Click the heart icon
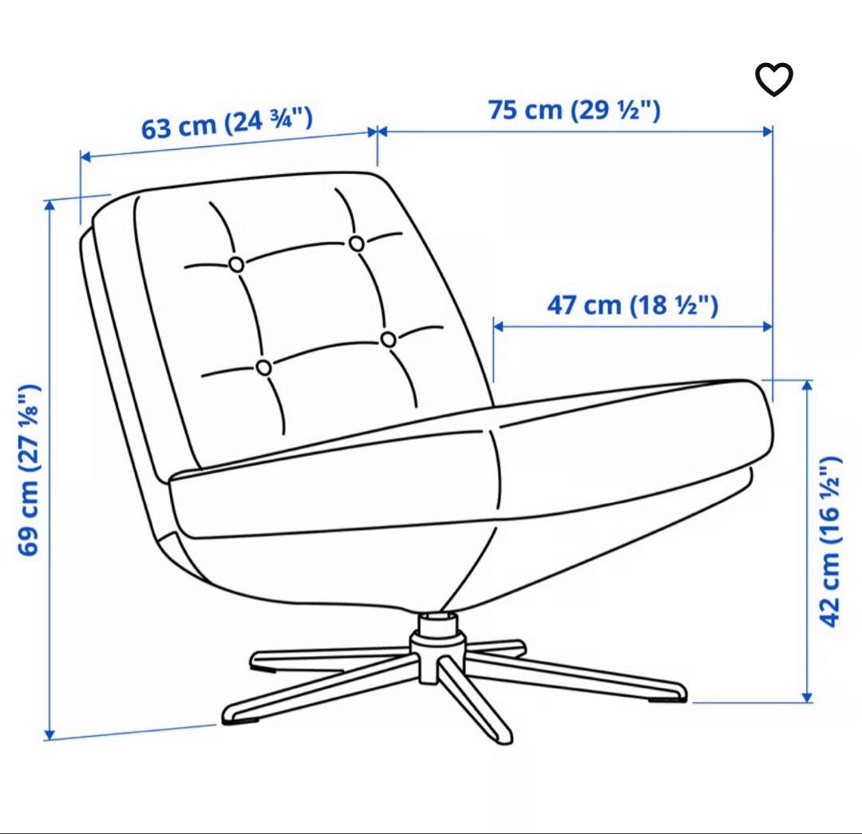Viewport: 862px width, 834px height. click(x=774, y=79)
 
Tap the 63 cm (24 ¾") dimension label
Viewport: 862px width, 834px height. click(x=227, y=123)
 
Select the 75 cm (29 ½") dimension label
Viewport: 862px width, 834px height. click(x=574, y=109)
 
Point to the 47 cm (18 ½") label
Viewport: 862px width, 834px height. click(x=632, y=305)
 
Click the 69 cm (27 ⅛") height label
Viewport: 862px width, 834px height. click(x=29, y=469)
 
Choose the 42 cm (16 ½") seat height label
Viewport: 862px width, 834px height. click(x=830, y=542)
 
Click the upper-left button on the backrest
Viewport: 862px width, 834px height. click(x=236, y=265)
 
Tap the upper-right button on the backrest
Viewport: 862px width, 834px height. click(x=356, y=243)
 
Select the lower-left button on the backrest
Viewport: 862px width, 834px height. click(x=264, y=367)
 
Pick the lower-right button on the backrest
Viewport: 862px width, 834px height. click(x=388, y=340)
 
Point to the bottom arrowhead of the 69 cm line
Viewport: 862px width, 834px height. click(x=49, y=734)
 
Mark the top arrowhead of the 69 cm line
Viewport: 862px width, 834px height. click(x=49, y=205)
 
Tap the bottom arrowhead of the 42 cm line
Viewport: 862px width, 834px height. click(x=807, y=697)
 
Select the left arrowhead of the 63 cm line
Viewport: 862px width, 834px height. click(x=85, y=156)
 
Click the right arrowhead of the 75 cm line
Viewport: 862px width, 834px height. click(x=768, y=132)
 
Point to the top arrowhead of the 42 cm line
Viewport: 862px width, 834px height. click(x=807, y=385)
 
